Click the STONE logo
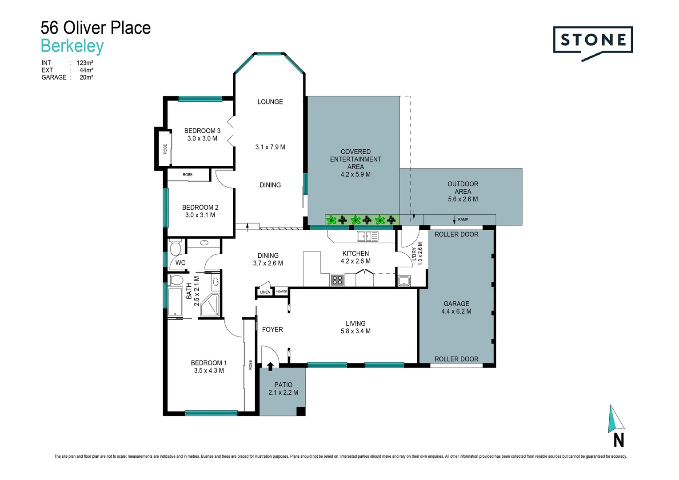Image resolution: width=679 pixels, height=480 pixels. click(593, 40)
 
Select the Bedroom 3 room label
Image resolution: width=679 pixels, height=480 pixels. click(202, 131)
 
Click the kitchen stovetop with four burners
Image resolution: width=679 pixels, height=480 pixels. click(337, 280)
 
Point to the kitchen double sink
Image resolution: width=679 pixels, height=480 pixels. click(367, 236)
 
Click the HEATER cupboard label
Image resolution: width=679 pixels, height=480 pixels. click(282, 292)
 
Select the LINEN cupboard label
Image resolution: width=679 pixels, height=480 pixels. click(265, 292)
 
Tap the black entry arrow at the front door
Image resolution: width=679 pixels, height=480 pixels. click(270, 366)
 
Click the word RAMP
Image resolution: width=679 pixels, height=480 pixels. click(463, 220)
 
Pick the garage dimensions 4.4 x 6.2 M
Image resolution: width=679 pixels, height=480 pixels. click(456, 311)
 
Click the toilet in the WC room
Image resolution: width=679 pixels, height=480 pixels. click(175, 247)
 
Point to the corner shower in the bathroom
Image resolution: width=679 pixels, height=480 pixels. click(209, 305)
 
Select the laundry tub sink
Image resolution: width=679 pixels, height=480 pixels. click(403, 281)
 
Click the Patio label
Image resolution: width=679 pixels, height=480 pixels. click(283, 385)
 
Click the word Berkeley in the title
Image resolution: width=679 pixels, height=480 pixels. click(72, 46)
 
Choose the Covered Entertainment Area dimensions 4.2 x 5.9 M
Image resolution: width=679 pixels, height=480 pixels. click(355, 174)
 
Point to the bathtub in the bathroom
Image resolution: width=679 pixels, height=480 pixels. click(175, 302)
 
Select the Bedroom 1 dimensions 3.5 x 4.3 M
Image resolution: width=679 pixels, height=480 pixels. click(209, 370)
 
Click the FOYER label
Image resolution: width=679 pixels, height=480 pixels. click(272, 329)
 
